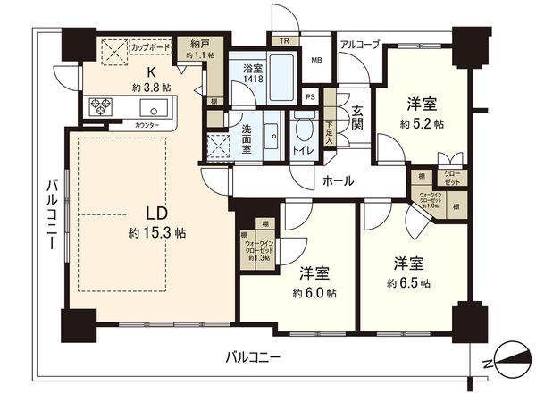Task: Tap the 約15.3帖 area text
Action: (155, 232)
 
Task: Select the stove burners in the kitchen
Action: (100, 108)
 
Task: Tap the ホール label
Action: (339, 181)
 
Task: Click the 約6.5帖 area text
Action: (409, 283)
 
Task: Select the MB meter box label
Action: (316, 61)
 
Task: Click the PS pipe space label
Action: (310, 97)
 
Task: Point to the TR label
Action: (284, 40)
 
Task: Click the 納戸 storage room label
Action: (200, 42)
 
